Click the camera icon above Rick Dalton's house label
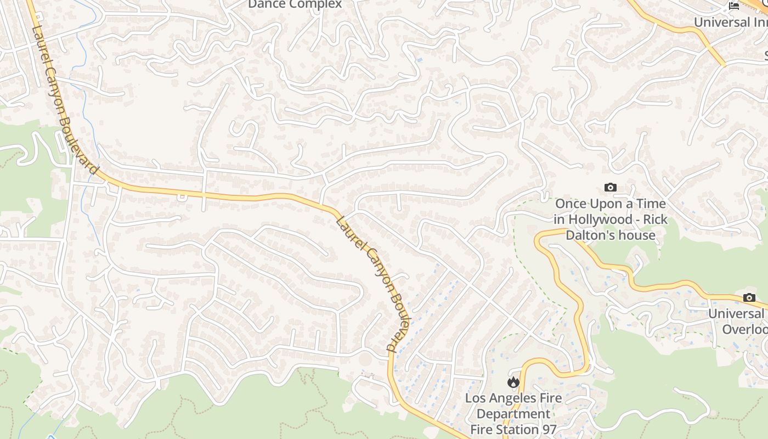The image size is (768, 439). click(610, 188)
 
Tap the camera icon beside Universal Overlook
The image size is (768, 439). click(749, 298)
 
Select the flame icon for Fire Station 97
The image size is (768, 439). click(513, 382)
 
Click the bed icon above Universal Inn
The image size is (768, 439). click(734, 6)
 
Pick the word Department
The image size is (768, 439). click(513, 414)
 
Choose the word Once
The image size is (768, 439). click(571, 204)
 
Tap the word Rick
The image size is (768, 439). click(656, 219)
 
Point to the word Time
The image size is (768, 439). click(651, 204)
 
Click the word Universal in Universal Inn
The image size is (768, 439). click(721, 22)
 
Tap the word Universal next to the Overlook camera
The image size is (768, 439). click(736, 314)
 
